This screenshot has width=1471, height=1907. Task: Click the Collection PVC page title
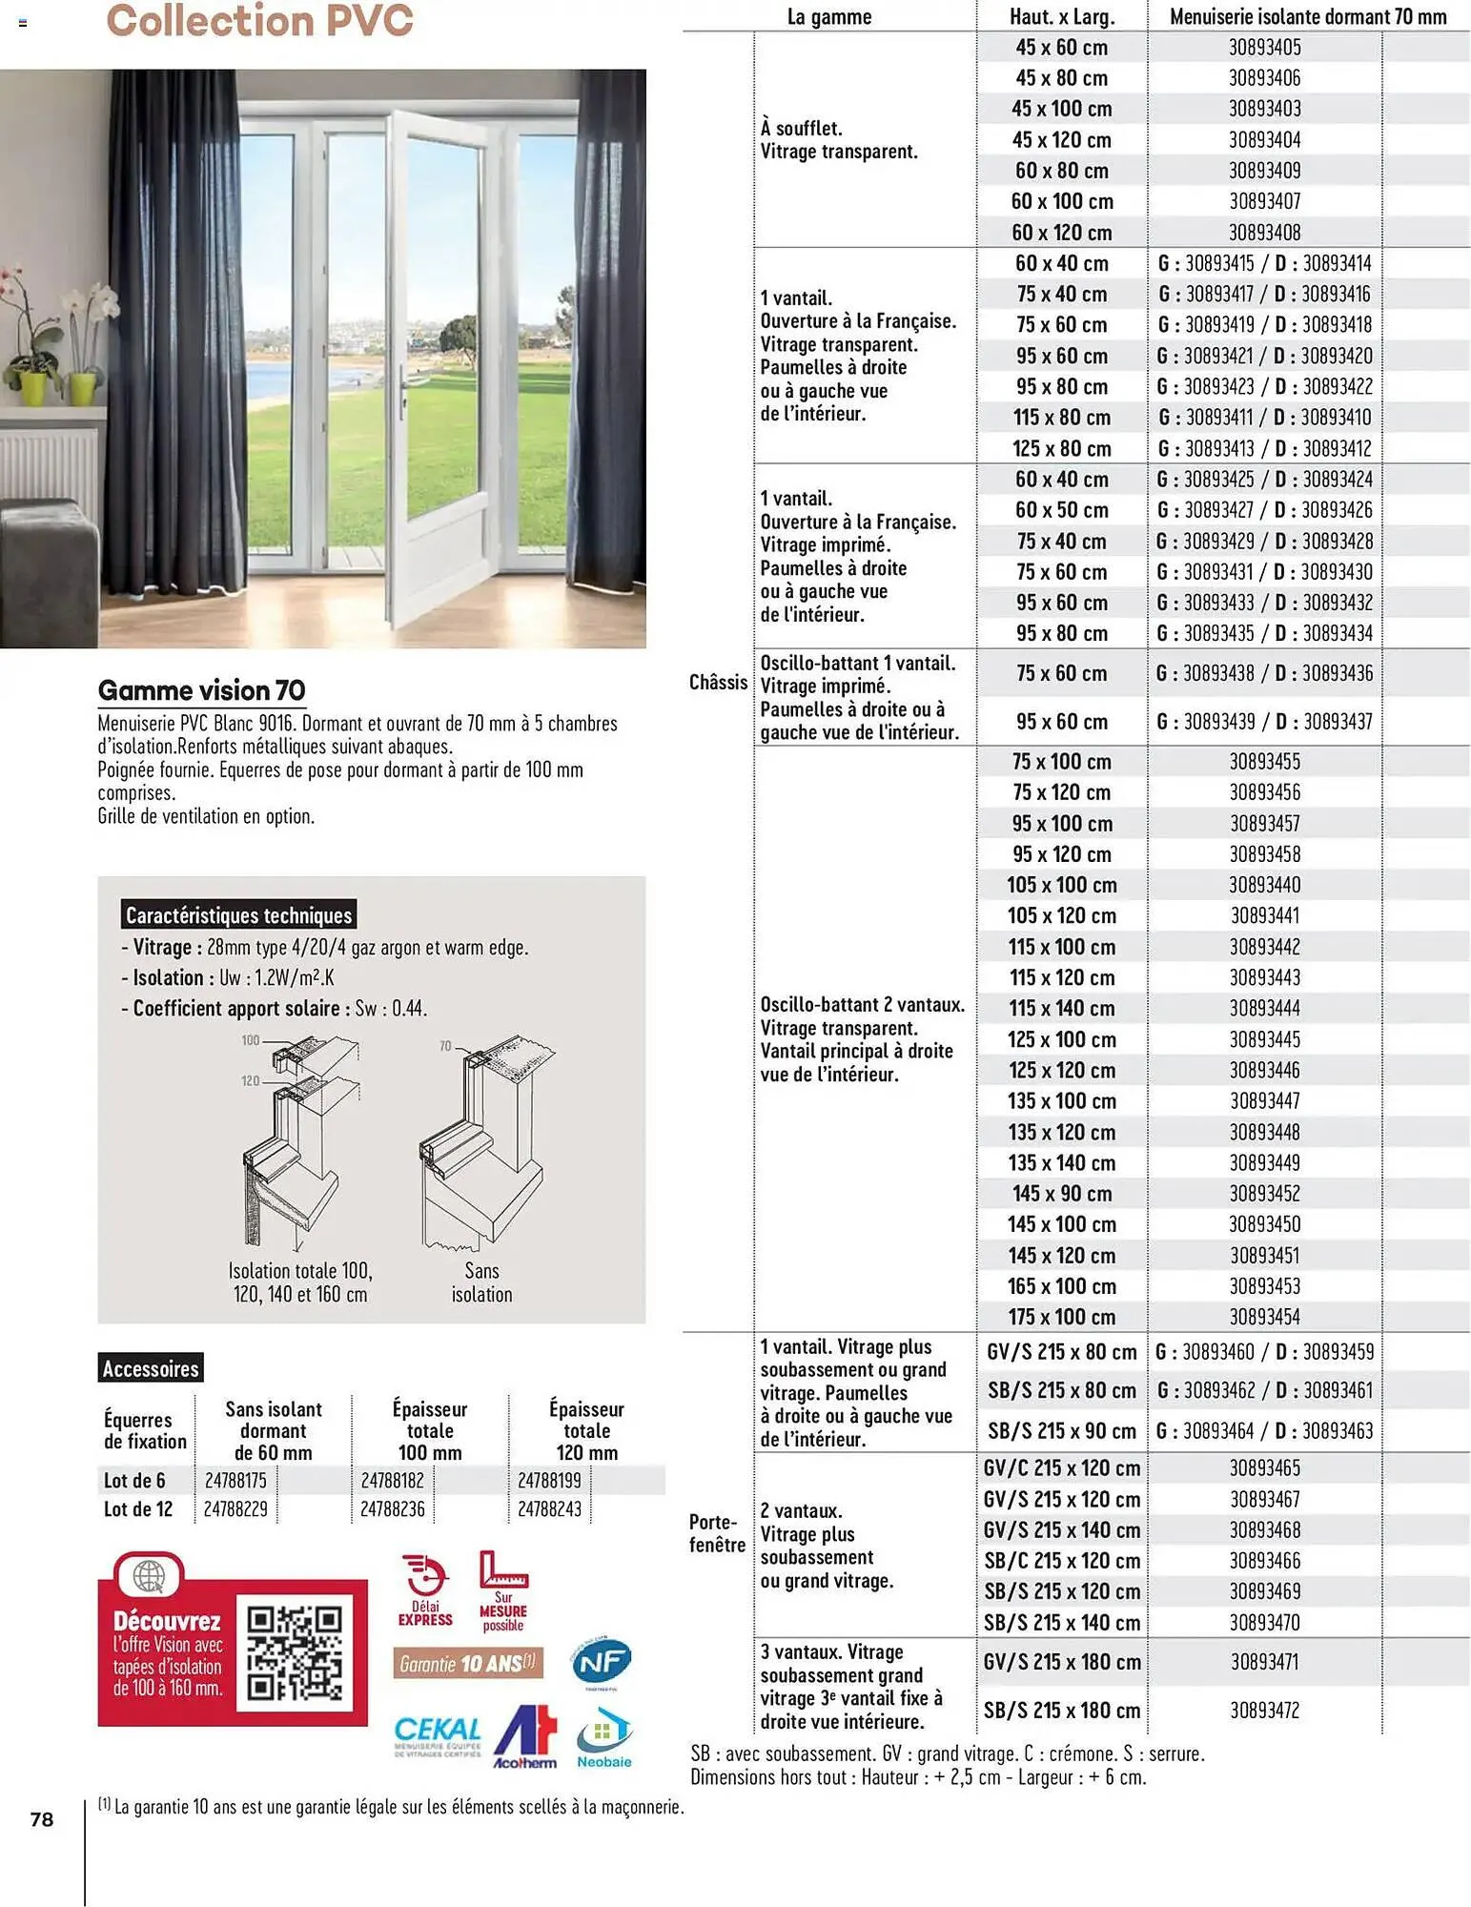point(259,21)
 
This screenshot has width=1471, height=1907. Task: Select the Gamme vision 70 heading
point(201,690)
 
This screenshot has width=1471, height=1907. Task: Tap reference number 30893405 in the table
point(1264,47)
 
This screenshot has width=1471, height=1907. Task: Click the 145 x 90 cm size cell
point(1061,1194)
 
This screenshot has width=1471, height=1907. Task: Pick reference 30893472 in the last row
point(1264,1710)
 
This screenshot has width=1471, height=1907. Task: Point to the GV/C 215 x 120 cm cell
point(1061,1468)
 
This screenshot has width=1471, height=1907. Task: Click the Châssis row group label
point(718,682)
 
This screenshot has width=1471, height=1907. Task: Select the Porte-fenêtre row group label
point(717,1532)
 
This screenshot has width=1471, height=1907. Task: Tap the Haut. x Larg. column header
point(1061,16)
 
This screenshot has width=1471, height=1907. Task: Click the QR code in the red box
point(294,1653)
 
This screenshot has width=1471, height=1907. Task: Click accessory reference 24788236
point(392,1509)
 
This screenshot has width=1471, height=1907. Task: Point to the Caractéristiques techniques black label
point(238,915)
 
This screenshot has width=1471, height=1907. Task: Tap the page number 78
point(42,1819)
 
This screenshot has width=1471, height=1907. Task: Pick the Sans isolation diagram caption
point(481,1282)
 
